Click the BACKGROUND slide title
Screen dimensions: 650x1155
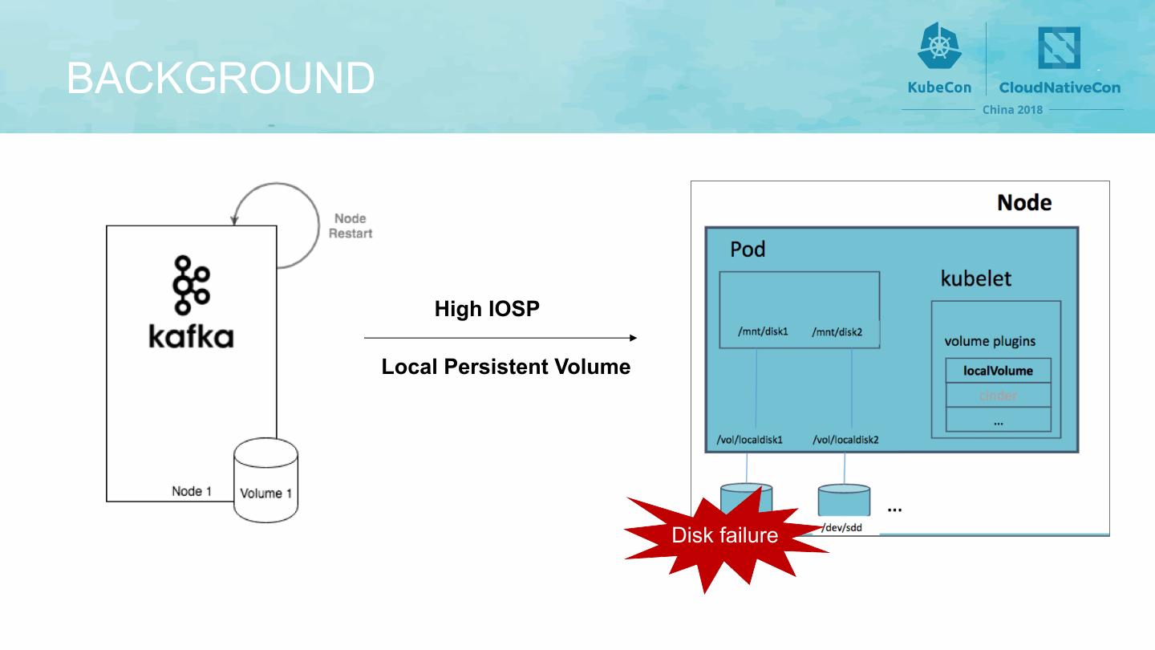click(x=221, y=78)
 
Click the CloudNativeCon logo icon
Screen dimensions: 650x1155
click(x=1059, y=47)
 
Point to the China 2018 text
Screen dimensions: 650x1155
click(x=1013, y=109)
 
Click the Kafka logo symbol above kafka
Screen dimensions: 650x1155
click(x=192, y=285)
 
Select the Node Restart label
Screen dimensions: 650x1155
click(x=351, y=225)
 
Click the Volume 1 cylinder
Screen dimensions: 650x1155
click(x=265, y=481)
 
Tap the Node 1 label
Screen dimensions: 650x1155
click(x=192, y=490)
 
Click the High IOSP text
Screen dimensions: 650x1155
click(x=487, y=309)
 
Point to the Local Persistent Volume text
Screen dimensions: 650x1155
click(x=505, y=367)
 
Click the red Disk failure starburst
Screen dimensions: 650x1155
click(x=724, y=534)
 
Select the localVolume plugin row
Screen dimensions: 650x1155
click(x=998, y=371)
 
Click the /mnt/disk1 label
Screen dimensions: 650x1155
click(x=763, y=331)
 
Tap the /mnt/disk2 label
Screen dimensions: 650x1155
click(x=837, y=331)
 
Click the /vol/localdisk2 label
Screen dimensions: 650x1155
click(x=845, y=440)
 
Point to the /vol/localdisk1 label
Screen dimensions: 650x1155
click(x=749, y=440)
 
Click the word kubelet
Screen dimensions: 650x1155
click(x=975, y=278)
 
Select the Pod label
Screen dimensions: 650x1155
click(x=748, y=250)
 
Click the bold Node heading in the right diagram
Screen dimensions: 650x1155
click(x=1024, y=202)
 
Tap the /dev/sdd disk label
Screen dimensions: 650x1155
click(x=841, y=527)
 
